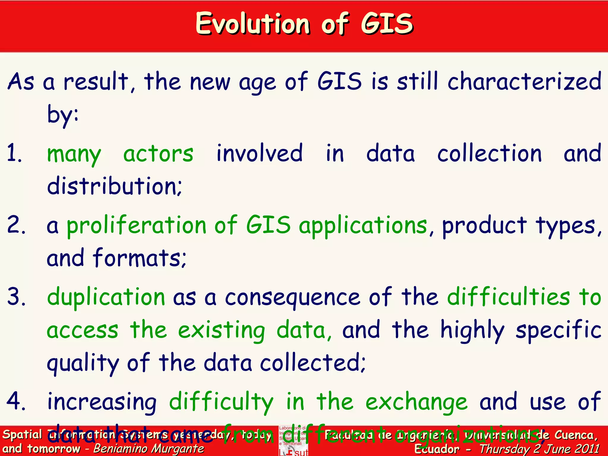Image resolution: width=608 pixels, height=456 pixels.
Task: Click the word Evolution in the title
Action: (x=253, y=24)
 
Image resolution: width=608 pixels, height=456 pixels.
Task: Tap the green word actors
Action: (x=158, y=154)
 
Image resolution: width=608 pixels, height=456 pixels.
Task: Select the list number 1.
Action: (x=14, y=153)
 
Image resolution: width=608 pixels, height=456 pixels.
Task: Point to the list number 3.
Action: (x=16, y=297)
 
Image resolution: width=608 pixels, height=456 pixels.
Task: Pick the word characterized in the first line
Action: (x=524, y=82)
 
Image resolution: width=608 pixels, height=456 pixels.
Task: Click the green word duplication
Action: (x=106, y=297)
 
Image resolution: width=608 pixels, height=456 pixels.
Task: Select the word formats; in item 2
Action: (x=140, y=258)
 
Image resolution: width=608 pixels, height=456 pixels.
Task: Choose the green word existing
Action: (x=221, y=330)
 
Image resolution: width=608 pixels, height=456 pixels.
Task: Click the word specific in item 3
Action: (x=558, y=330)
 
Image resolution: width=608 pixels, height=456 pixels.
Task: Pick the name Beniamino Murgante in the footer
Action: (x=149, y=449)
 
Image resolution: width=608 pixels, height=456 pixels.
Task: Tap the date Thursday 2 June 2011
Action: (x=539, y=449)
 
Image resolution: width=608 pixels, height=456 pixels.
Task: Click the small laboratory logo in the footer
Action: (x=293, y=441)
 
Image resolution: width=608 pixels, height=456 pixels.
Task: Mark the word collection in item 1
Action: (x=489, y=154)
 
